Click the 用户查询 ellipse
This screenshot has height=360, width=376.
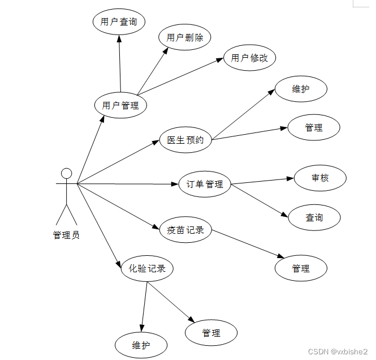[119, 22]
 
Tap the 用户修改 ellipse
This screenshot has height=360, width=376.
[249, 58]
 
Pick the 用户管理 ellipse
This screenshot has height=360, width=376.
[121, 105]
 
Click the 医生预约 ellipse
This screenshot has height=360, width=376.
[185, 140]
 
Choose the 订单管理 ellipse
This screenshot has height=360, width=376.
[205, 184]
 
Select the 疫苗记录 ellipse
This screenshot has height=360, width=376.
[185, 230]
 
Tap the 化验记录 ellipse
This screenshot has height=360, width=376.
[147, 268]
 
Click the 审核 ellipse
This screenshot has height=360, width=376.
[320, 178]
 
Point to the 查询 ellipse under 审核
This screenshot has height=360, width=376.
[314, 217]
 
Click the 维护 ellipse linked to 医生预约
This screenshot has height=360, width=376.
[301, 89]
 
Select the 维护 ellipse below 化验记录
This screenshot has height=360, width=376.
[141, 345]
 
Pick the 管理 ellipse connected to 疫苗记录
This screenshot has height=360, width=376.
[301, 268]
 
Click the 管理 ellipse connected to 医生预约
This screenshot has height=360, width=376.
[314, 127]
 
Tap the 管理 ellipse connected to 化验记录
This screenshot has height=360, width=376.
[211, 333]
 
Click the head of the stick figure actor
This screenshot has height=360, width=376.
[67, 173]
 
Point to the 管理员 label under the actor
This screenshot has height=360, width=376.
[66, 235]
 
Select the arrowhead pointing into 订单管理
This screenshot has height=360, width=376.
[175, 184]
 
